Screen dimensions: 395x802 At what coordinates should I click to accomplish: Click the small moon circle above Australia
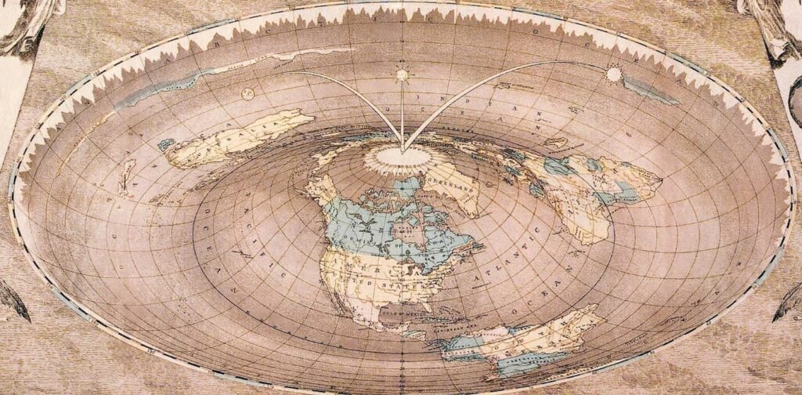coord(248,93)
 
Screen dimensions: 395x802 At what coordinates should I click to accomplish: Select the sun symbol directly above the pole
coord(403,75)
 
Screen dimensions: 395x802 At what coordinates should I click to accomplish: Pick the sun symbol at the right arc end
coord(613,74)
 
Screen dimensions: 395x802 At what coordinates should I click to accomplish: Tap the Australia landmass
coord(239,137)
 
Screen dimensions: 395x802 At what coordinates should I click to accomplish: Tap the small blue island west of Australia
coord(166,144)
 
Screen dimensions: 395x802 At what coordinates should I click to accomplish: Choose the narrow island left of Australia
coord(125,177)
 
